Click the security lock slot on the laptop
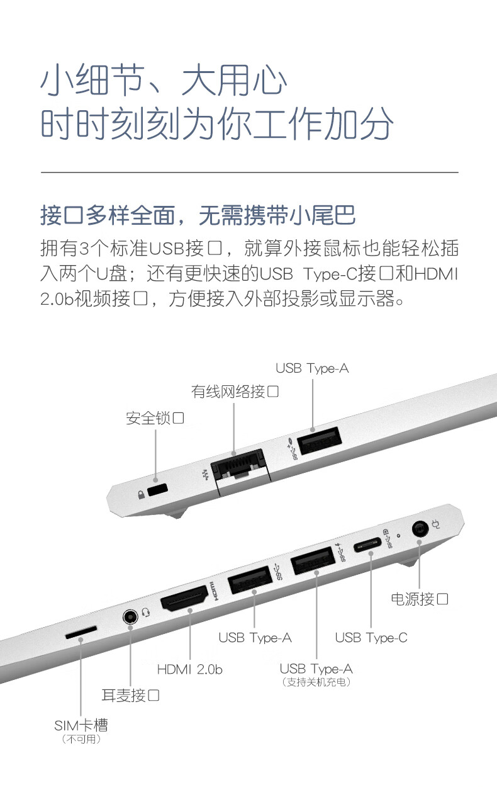pos(157,489)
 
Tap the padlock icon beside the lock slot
pos(142,495)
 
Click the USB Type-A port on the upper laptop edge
pos(319,440)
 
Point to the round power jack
pos(420,528)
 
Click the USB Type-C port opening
pos(367,545)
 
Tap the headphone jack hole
pos(130,617)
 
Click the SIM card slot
pos(81,633)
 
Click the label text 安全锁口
pos(155,418)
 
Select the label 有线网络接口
pos(235,391)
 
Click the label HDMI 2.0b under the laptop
pos(189,669)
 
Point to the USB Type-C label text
pos(371,638)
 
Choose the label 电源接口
pos(420,599)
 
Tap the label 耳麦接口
pos(130,695)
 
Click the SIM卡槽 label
pos(81,725)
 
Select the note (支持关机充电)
pos(316,682)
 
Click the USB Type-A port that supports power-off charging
pos(313,560)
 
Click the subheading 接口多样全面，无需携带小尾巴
pos(198,215)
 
